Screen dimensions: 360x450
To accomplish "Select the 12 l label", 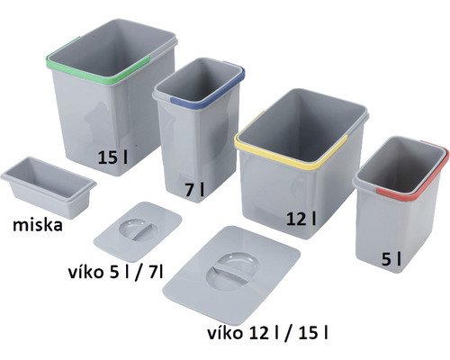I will click(x=302, y=219).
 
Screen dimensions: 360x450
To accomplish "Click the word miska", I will click(x=31, y=225).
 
